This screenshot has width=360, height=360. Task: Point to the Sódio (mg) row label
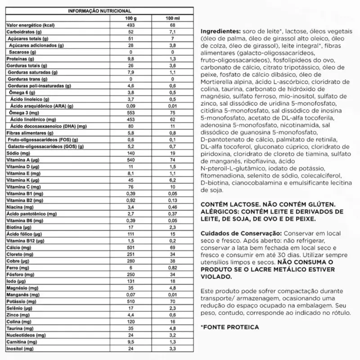[17, 153]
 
